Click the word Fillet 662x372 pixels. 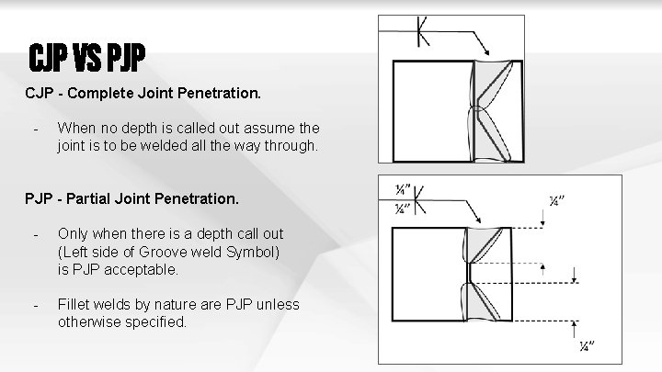73,305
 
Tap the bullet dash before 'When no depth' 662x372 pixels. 33,128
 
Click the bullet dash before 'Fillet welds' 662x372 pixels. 33,305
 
